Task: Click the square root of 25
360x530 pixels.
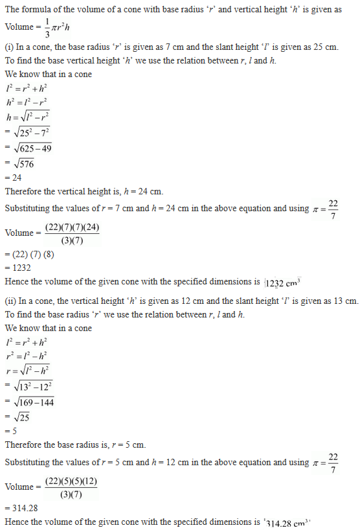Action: pyautogui.click(x=21, y=417)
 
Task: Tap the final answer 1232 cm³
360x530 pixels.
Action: pyautogui.click(x=285, y=282)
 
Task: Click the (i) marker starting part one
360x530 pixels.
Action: pyautogui.click(x=9, y=49)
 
